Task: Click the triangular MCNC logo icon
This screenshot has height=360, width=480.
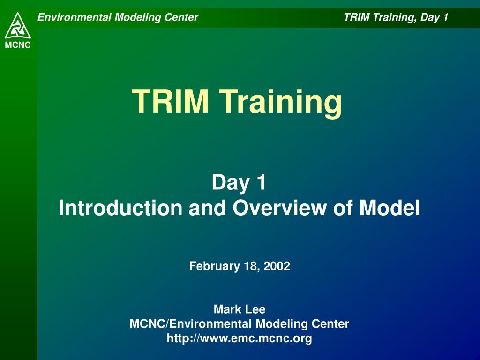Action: coord(18,26)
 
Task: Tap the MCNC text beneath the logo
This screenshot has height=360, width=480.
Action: coord(18,45)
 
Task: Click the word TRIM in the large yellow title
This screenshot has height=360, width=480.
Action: coord(170,101)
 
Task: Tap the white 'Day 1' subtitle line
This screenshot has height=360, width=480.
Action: coord(239,182)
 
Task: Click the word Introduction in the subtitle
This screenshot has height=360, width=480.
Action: coord(120,208)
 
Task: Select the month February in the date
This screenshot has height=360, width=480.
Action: coord(214,266)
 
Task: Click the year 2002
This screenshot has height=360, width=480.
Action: coord(277,266)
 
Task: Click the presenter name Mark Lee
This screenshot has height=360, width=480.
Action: coord(240,309)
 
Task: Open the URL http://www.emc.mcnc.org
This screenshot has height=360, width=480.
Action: coord(240,338)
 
